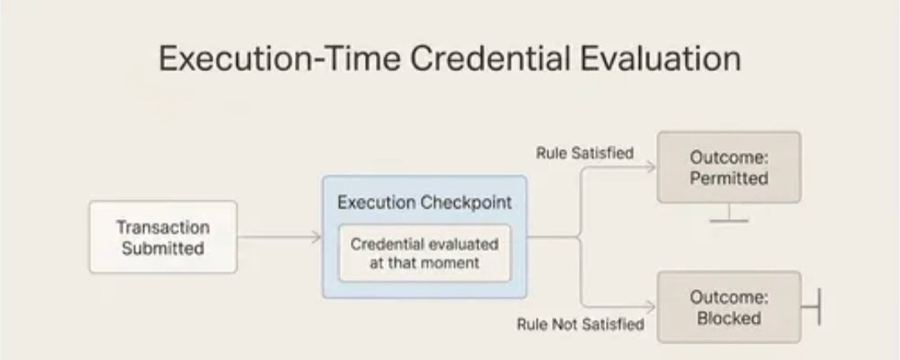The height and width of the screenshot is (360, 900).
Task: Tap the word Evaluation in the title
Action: (660, 58)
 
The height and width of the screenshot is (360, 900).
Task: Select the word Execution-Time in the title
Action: (279, 58)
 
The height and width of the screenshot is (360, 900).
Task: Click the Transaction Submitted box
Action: (163, 237)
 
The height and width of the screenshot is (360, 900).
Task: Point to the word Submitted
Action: (163, 248)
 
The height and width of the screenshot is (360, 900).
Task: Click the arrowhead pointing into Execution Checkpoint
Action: (317, 237)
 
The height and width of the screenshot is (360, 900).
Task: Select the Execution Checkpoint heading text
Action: (425, 202)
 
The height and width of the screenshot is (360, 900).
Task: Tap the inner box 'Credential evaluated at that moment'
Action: (425, 253)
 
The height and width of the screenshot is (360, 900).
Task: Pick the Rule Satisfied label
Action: (585, 153)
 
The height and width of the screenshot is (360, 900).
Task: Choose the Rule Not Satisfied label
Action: (580, 324)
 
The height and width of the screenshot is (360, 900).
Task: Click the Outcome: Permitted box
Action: (729, 167)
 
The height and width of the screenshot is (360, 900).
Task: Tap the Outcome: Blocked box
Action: (729, 307)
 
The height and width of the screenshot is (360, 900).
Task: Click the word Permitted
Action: (729, 178)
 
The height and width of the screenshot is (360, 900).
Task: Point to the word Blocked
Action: (729, 318)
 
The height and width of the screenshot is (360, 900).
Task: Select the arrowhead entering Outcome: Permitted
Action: (650, 167)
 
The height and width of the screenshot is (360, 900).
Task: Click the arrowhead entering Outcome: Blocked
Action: (650, 307)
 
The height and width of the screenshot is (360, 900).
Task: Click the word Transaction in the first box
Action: (163, 227)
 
